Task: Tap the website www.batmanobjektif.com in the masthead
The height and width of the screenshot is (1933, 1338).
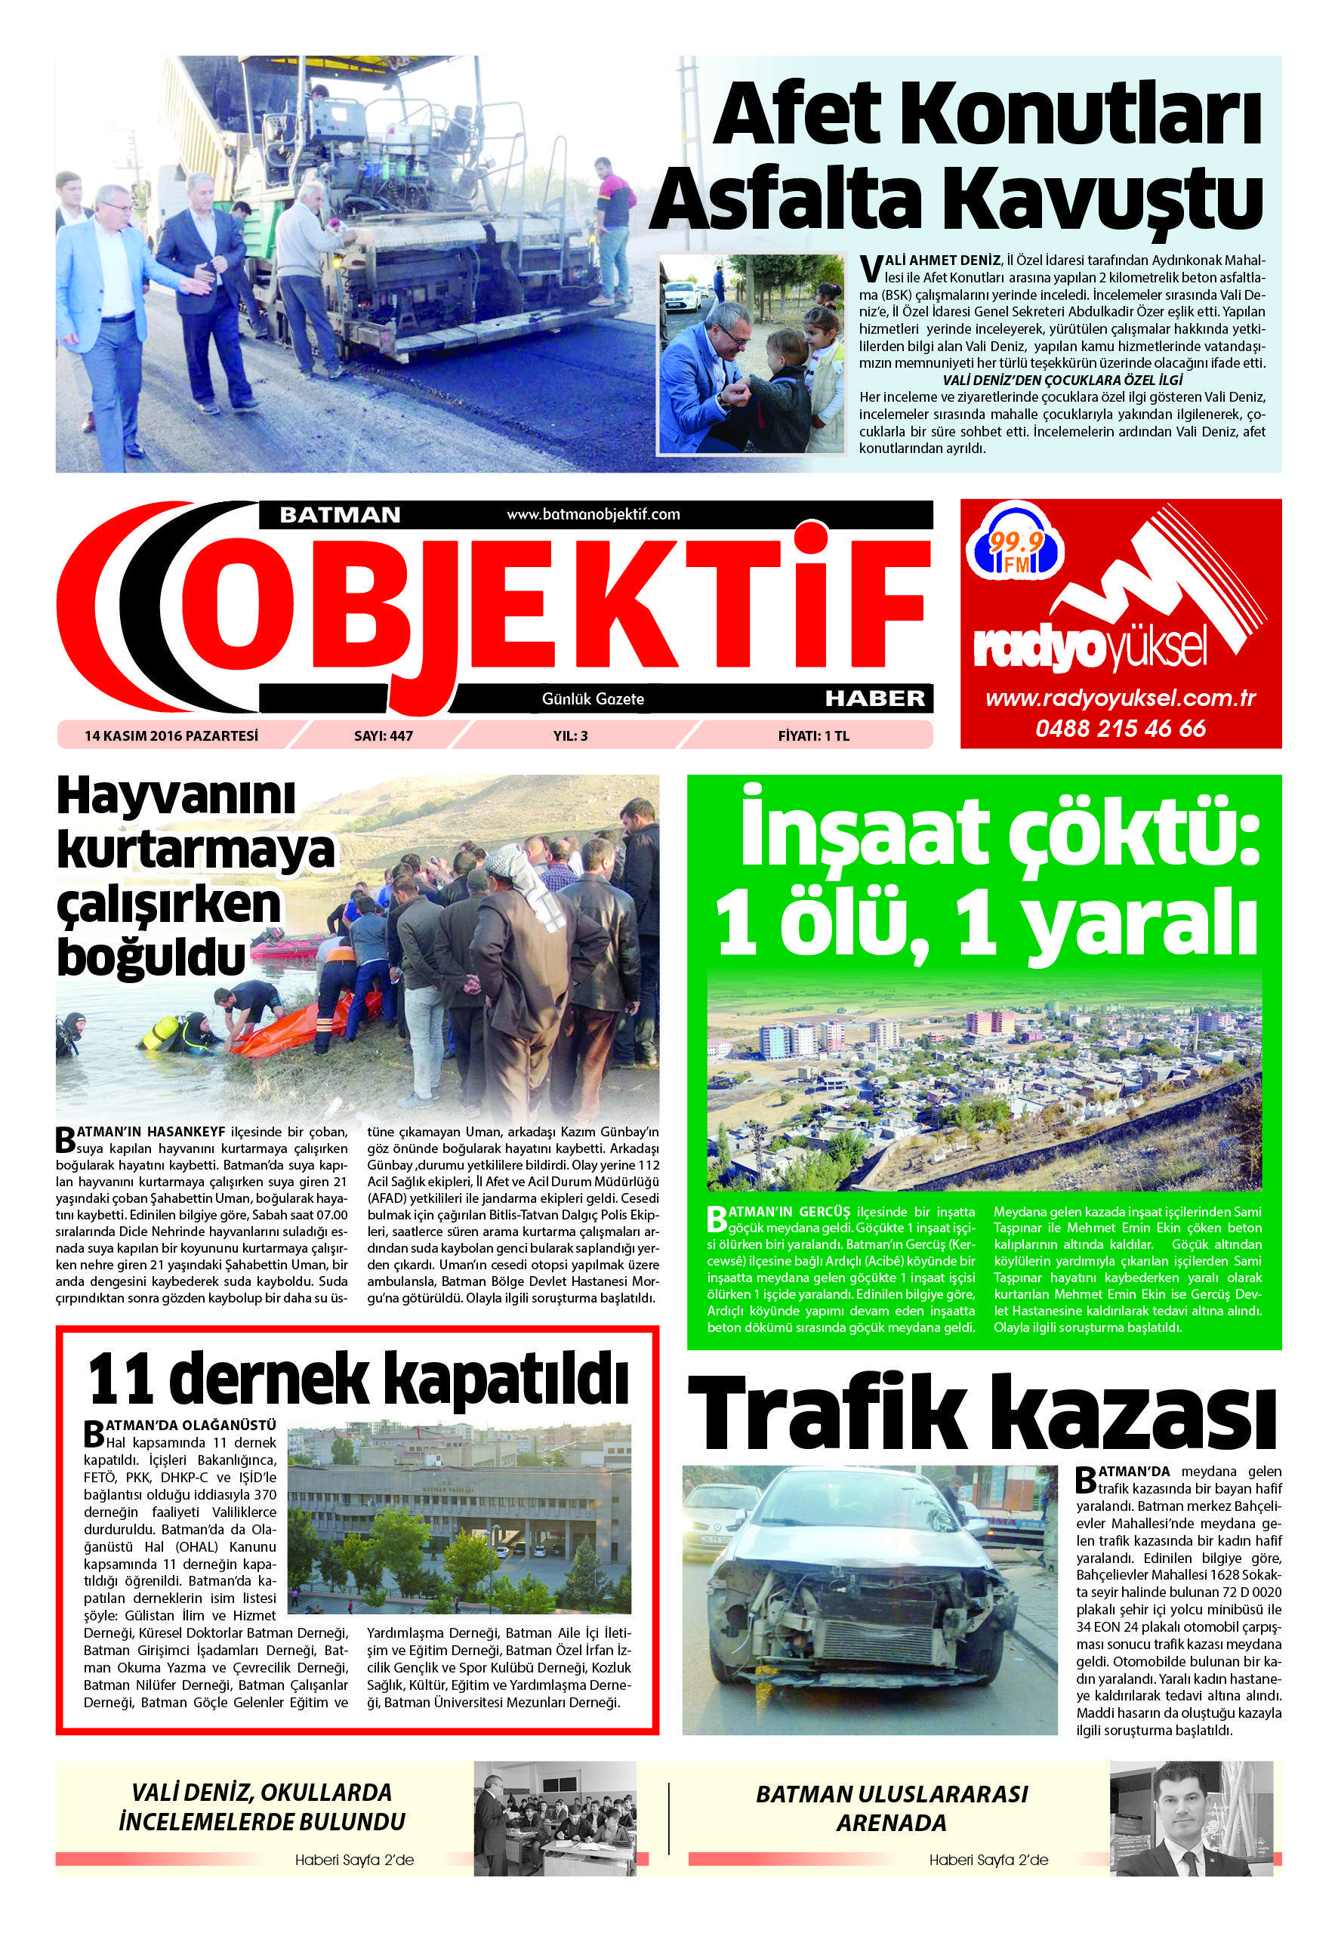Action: tap(593, 514)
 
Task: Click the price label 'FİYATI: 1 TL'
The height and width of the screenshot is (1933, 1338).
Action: tap(813, 736)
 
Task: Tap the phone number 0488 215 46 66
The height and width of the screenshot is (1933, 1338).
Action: tap(1120, 728)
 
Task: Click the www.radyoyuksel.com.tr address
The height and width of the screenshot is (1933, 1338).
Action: tap(1120, 699)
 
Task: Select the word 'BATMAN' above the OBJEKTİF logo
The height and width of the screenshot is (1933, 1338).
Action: tap(340, 515)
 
